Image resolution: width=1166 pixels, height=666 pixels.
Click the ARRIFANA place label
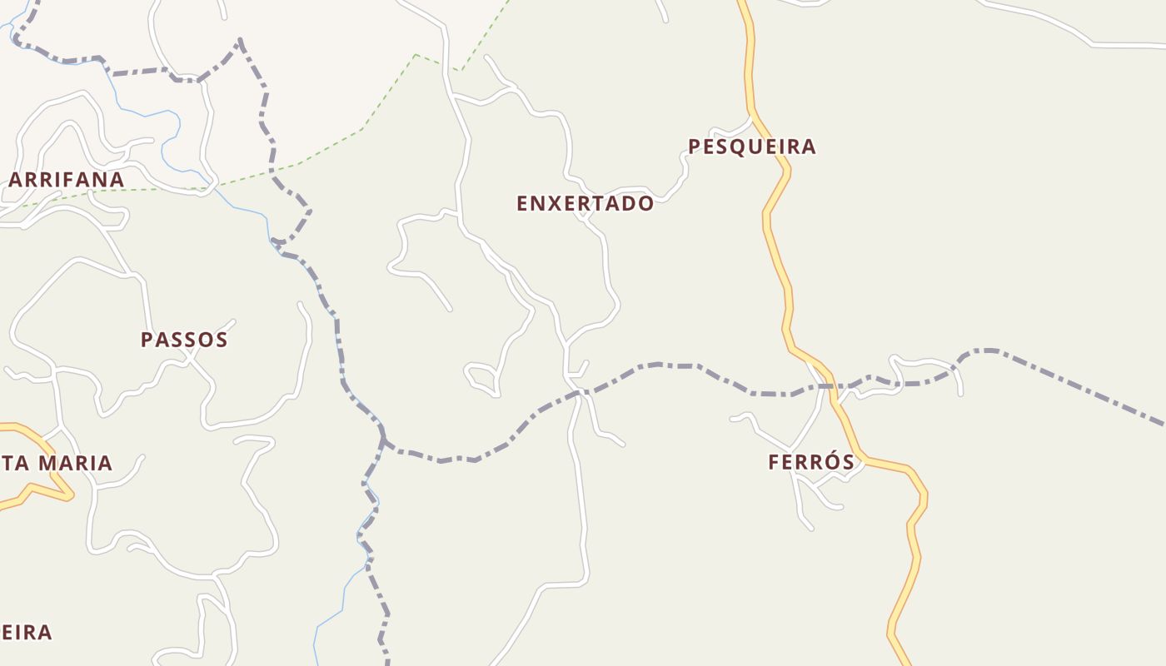pyautogui.click(x=67, y=180)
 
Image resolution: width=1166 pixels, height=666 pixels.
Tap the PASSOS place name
pyautogui.click(x=184, y=340)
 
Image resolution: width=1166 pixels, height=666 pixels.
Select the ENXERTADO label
pyautogui.click(x=585, y=203)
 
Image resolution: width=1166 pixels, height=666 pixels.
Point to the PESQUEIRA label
pyautogui.click(x=751, y=147)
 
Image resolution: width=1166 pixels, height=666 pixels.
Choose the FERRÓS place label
pyautogui.click(x=811, y=462)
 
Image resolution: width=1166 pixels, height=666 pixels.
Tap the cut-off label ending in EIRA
pyautogui.click(x=27, y=633)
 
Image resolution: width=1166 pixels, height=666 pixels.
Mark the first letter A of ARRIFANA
pyautogui.click(x=17, y=180)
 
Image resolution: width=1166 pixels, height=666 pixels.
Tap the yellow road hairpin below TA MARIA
pyautogui.click(x=68, y=495)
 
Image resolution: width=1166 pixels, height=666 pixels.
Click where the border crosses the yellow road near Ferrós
pyautogui.click(x=832, y=386)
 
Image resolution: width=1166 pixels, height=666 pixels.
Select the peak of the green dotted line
pyautogui.click(x=416, y=55)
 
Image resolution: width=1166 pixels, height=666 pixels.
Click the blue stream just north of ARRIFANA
pyautogui.click(x=171, y=133)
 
